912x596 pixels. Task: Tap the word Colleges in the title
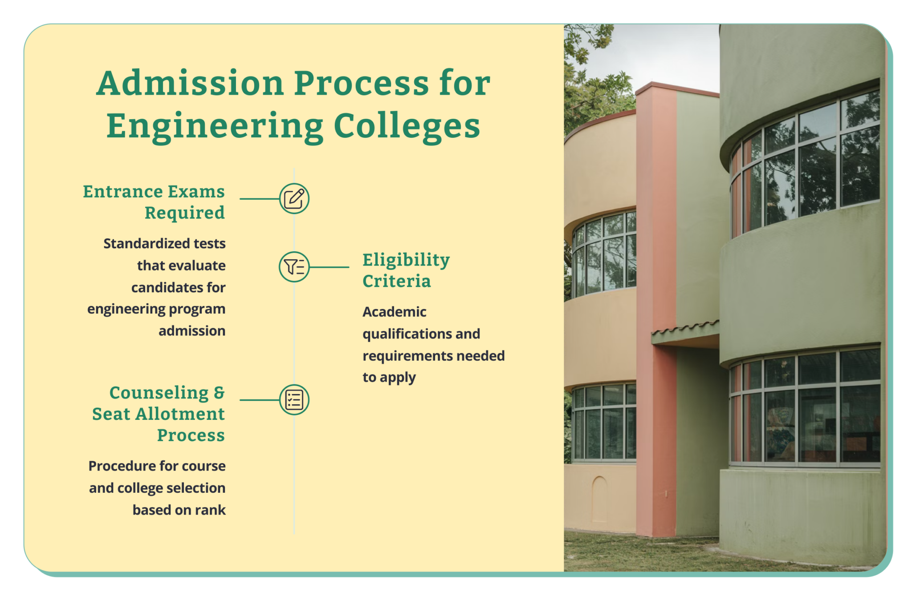pyautogui.click(x=407, y=126)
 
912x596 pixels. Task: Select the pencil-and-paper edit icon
pyautogui.click(x=294, y=198)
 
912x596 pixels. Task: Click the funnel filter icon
pyautogui.click(x=294, y=267)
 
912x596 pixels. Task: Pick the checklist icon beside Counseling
pyautogui.click(x=294, y=399)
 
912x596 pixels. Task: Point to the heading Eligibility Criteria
pyautogui.click(x=406, y=270)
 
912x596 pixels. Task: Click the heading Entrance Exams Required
pyautogui.click(x=154, y=202)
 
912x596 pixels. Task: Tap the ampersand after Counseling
pyautogui.click(x=219, y=393)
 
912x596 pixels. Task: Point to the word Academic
pyautogui.click(x=394, y=312)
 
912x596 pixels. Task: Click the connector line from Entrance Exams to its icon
pyautogui.click(x=259, y=199)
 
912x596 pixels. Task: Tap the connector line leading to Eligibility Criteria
pyautogui.click(x=329, y=267)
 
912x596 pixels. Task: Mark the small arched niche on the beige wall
pyautogui.click(x=599, y=498)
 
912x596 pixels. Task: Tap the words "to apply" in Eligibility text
pyautogui.click(x=389, y=378)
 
